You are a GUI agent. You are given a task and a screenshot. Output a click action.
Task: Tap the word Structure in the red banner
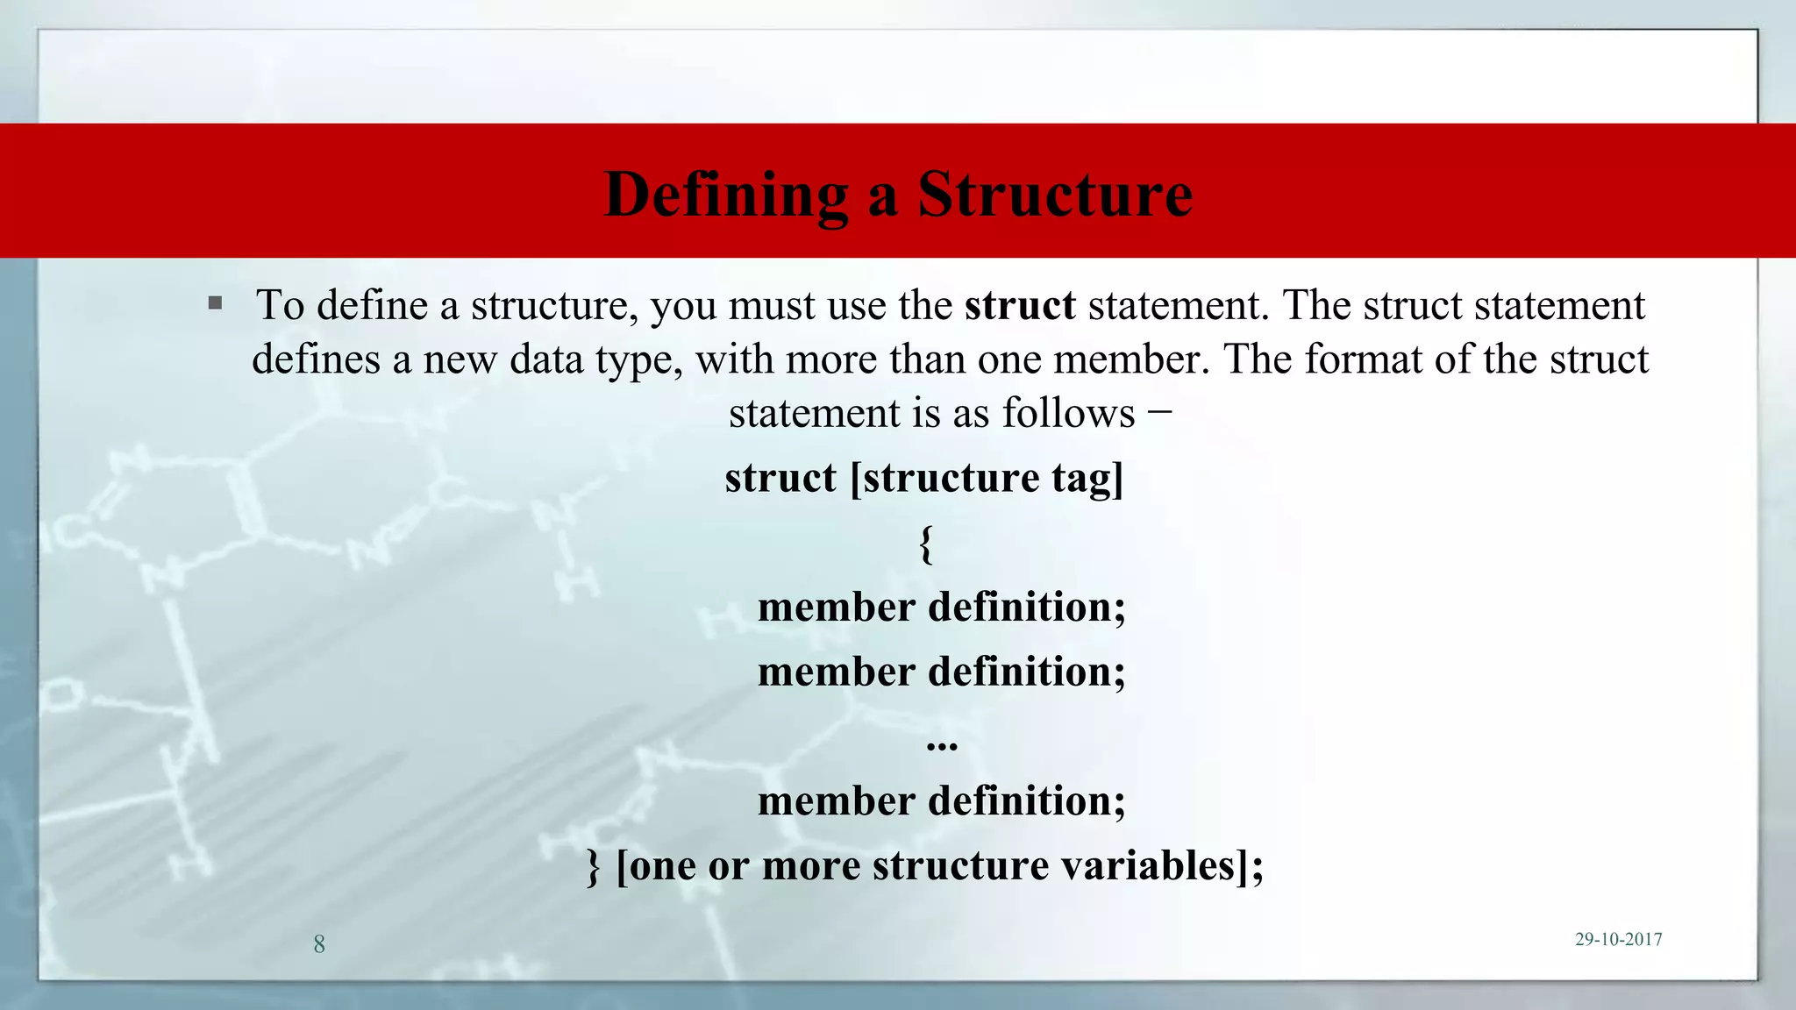[x=1055, y=194]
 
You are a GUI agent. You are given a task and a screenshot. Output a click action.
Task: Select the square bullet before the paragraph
[x=216, y=304]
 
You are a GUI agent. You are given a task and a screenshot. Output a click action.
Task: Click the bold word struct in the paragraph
[x=1020, y=305]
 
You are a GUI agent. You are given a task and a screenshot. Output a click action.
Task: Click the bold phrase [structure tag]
[x=987, y=479]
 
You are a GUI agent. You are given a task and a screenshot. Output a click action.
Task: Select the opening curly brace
[x=926, y=544]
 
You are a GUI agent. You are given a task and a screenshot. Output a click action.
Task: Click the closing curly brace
[x=594, y=866]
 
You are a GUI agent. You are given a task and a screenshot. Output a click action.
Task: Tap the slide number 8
[x=319, y=944]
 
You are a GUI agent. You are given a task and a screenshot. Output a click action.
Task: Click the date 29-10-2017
[x=1618, y=939]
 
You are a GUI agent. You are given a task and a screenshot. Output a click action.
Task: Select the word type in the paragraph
[x=639, y=359]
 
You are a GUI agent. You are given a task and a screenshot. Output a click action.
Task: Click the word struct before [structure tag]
[x=780, y=479]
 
